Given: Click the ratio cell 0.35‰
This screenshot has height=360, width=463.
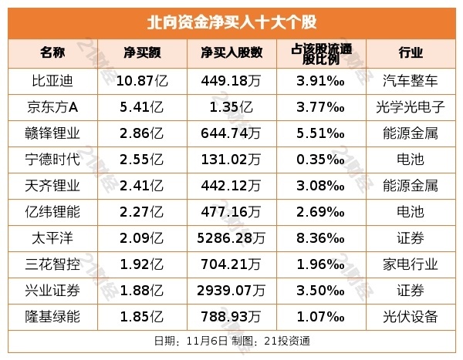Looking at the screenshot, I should point(320,159).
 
